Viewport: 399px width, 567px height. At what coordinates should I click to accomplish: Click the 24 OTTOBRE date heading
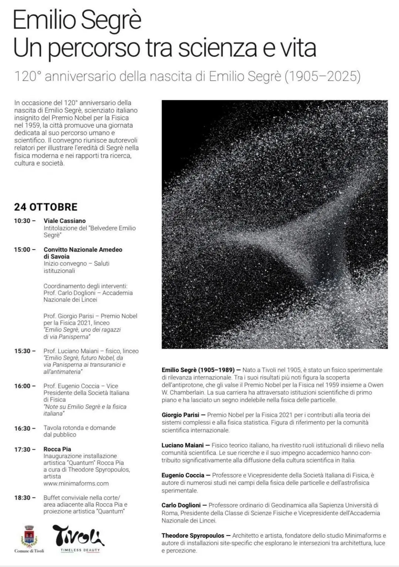(x=46, y=207)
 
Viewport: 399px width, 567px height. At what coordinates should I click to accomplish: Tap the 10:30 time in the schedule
(x=22, y=221)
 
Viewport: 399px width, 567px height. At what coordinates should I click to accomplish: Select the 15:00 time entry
(x=22, y=250)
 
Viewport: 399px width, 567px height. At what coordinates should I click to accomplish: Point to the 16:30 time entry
(x=22, y=428)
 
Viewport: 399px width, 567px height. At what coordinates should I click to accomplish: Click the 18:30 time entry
(x=22, y=498)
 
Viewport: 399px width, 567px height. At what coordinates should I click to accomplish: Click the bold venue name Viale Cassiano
(x=65, y=221)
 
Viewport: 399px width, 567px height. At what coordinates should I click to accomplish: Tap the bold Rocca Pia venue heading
(x=57, y=449)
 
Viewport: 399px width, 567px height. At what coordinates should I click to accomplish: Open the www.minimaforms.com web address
(x=76, y=483)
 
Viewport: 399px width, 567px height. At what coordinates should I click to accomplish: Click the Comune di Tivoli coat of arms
(x=29, y=536)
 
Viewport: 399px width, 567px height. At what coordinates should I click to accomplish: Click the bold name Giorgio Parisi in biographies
(x=180, y=415)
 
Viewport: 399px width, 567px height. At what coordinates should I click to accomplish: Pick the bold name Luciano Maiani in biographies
(x=183, y=445)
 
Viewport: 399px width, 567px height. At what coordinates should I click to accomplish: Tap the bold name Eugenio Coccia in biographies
(x=183, y=475)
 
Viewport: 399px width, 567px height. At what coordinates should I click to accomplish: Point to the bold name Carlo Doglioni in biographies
(x=181, y=505)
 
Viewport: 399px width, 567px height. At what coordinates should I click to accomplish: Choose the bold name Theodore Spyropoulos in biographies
(x=193, y=536)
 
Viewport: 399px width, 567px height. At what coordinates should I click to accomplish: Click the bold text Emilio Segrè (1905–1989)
(x=198, y=370)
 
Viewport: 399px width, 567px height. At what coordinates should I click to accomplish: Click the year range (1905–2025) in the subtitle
(x=322, y=76)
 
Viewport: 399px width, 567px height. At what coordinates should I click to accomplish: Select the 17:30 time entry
(x=22, y=449)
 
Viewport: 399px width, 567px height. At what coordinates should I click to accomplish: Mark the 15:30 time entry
(x=22, y=351)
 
